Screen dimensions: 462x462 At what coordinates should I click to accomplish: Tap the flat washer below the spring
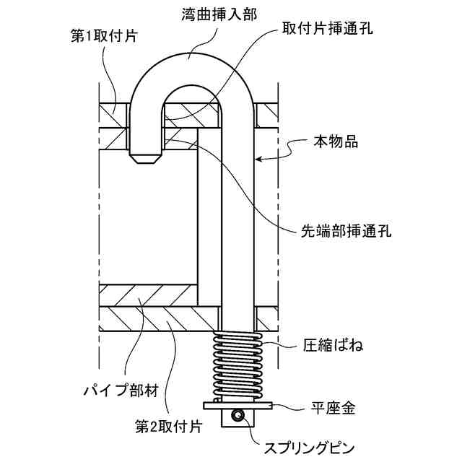coord(237,405)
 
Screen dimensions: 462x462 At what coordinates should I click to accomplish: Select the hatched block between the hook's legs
coord(191,111)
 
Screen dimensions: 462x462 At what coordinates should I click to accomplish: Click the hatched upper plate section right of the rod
coord(266,112)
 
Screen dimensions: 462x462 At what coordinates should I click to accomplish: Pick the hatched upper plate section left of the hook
coord(114,112)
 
